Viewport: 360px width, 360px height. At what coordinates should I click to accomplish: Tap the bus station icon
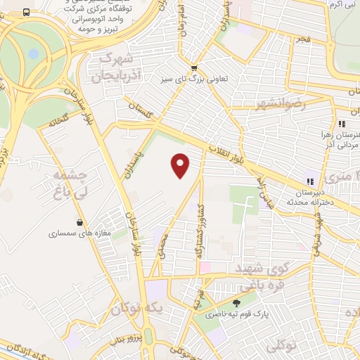[x=26, y=13]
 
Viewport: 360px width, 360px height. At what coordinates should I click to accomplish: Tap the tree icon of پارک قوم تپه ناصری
[x=237, y=304]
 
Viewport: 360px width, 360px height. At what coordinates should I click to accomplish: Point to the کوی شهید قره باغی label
[x=262, y=277]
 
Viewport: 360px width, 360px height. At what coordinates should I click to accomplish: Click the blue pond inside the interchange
[x=33, y=53]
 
